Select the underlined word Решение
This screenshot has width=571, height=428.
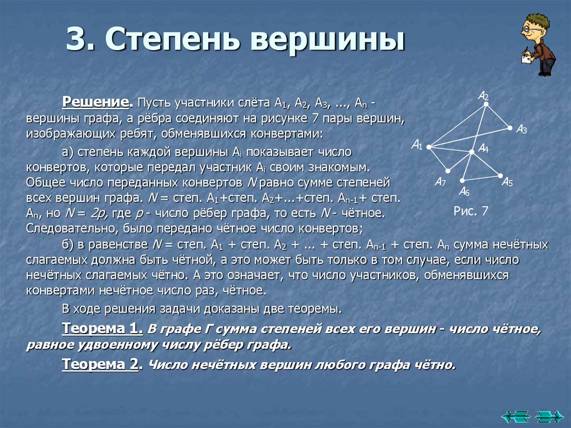point(96,103)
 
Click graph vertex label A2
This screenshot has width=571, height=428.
point(483,96)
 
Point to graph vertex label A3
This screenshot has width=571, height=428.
point(522,129)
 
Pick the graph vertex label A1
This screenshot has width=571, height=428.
point(417,145)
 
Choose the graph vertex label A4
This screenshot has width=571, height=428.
point(483,149)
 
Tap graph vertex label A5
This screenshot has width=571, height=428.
point(507,182)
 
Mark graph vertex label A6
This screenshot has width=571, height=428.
point(464,192)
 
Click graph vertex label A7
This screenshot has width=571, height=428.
point(440,182)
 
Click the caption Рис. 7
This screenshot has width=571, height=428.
point(471,211)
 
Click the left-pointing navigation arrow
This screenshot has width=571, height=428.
point(514,416)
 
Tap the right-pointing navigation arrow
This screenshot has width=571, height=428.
point(549,416)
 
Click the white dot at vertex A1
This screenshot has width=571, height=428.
point(429,147)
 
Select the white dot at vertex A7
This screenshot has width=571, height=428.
point(447,171)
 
